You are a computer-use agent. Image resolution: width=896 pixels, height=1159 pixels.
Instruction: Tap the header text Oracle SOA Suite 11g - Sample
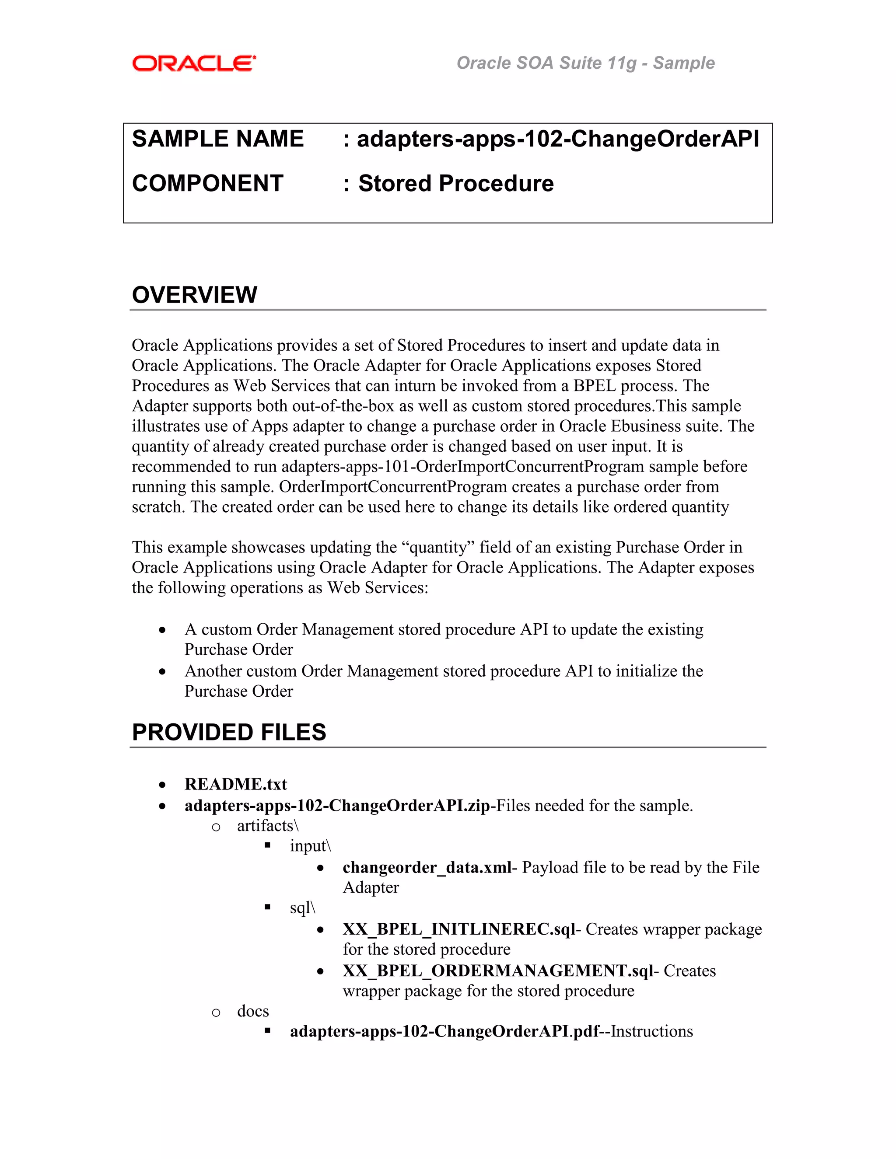[x=585, y=63]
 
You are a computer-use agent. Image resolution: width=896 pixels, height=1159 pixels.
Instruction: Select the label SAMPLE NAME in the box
[x=217, y=139]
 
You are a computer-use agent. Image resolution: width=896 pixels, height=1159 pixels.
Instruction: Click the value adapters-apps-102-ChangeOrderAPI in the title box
[x=558, y=139]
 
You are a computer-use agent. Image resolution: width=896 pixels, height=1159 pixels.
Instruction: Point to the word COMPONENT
[x=207, y=184]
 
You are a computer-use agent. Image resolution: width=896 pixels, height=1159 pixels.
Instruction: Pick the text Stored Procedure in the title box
[x=455, y=184]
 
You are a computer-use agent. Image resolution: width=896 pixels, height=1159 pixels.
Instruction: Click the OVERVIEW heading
[x=194, y=295]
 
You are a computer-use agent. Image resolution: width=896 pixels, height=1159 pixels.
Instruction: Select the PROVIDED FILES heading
[x=229, y=732]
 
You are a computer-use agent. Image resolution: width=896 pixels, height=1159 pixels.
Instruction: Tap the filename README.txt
[x=236, y=784]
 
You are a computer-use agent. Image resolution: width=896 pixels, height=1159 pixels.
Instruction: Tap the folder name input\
[x=311, y=846]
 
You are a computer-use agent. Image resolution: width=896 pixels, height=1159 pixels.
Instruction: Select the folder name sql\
[x=303, y=908]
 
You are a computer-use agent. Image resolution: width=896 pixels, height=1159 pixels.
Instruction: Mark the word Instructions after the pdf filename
[x=652, y=1032]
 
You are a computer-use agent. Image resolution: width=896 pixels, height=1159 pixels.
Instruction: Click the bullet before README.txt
[x=162, y=785]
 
